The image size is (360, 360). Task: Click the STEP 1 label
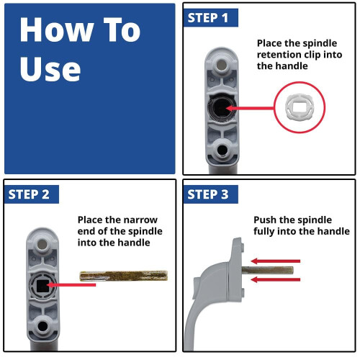(208, 18)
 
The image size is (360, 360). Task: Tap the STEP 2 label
(29, 194)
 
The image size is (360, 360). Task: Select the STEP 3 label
(208, 194)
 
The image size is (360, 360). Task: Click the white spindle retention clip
(300, 107)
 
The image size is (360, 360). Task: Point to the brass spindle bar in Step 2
(124, 276)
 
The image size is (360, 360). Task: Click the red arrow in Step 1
(250, 108)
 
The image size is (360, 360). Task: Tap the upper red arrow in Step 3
(276, 261)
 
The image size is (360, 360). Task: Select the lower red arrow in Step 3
(276, 279)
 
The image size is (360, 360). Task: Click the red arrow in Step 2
(71, 285)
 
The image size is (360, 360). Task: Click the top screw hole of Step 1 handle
(221, 64)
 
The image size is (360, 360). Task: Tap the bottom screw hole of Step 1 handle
(222, 150)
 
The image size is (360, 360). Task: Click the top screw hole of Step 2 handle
(42, 245)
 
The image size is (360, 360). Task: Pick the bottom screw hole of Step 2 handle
(43, 326)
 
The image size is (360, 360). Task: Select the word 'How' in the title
(56, 30)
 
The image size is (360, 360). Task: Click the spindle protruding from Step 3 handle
(267, 270)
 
